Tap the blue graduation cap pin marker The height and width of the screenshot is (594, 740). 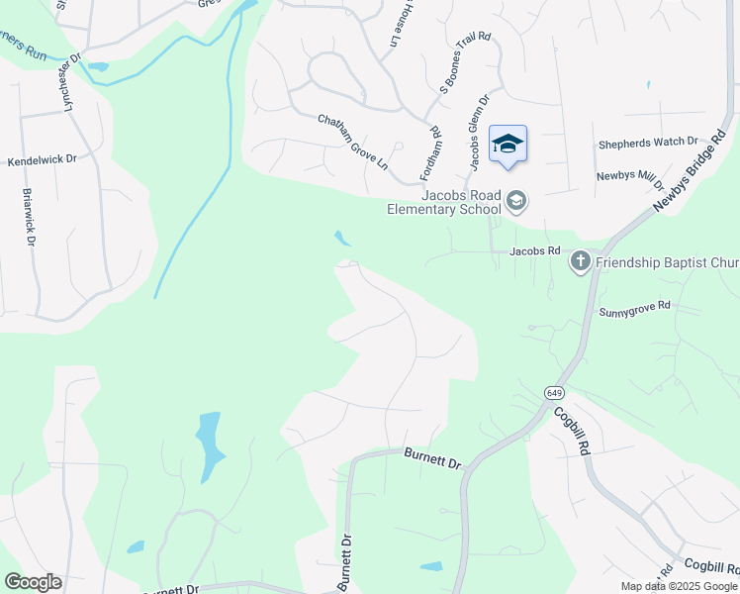[x=508, y=145]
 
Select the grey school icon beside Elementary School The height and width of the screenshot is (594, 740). [x=515, y=202]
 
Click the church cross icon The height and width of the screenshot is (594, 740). [x=580, y=262]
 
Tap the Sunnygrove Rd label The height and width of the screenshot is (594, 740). [x=635, y=309]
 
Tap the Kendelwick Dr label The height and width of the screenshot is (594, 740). [x=42, y=160]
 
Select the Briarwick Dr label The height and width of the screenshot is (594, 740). [x=29, y=217]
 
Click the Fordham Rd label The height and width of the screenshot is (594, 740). [x=428, y=153]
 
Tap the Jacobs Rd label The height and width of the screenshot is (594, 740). [x=535, y=251]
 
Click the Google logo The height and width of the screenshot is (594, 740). [x=33, y=582]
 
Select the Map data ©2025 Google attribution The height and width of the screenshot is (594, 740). [x=679, y=586]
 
